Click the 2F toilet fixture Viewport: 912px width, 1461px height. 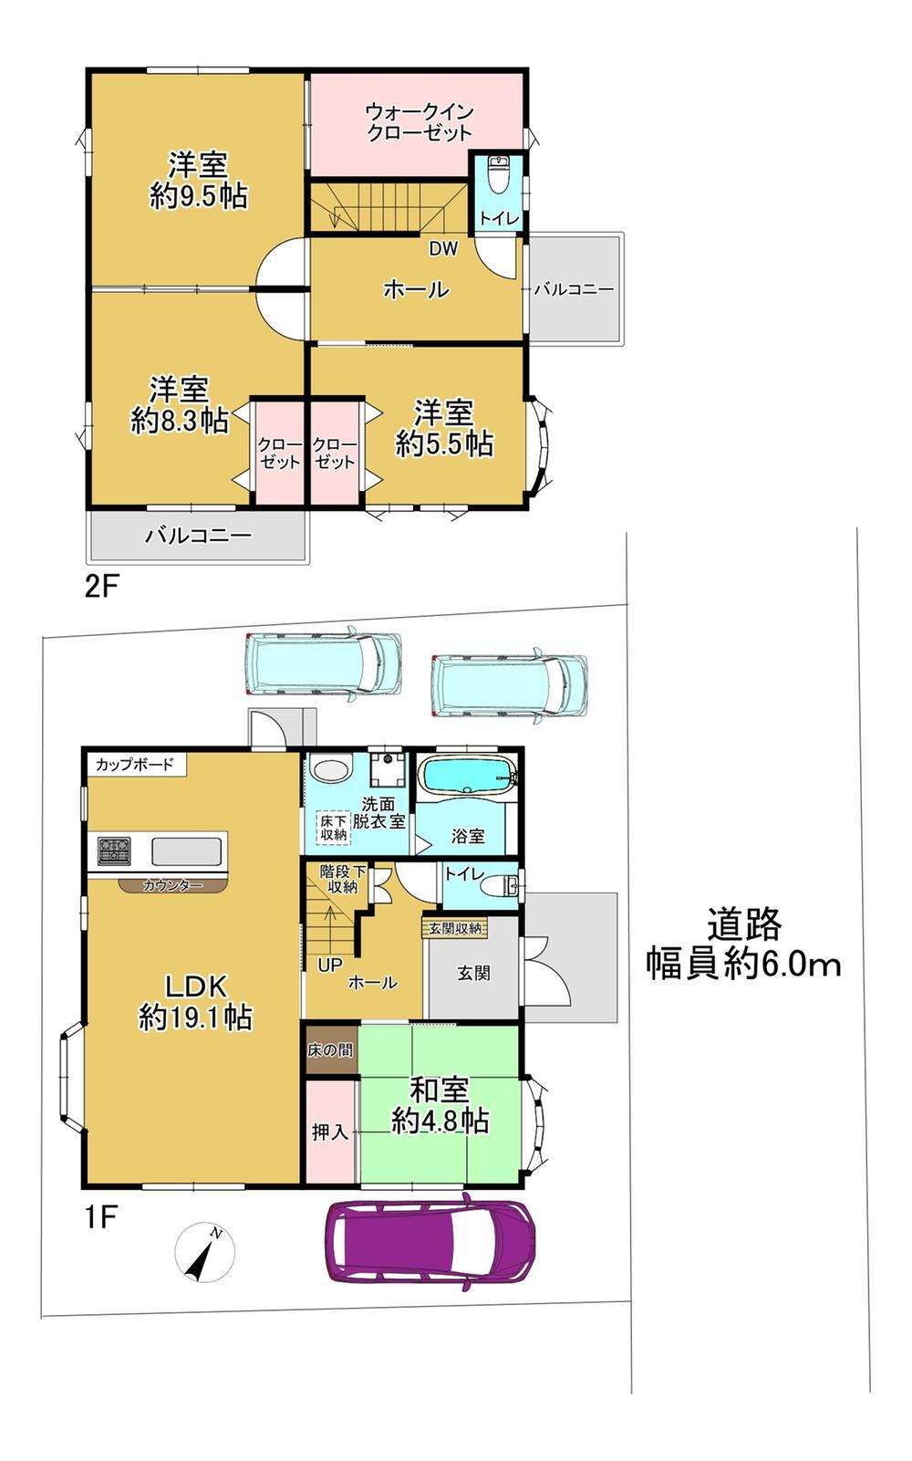[499, 174]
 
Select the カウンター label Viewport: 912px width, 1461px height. [172, 885]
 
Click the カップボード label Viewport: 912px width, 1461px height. [135, 764]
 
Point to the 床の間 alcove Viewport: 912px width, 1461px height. [331, 1050]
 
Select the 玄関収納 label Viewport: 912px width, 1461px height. [456, 927]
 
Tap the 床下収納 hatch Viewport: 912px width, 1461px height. [334, 828]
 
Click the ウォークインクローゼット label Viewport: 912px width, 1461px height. [420, 122]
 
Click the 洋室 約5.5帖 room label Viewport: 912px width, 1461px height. [444, 428]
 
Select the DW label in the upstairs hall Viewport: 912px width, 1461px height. [443, 248]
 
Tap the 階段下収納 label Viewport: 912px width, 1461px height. [343, 879]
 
